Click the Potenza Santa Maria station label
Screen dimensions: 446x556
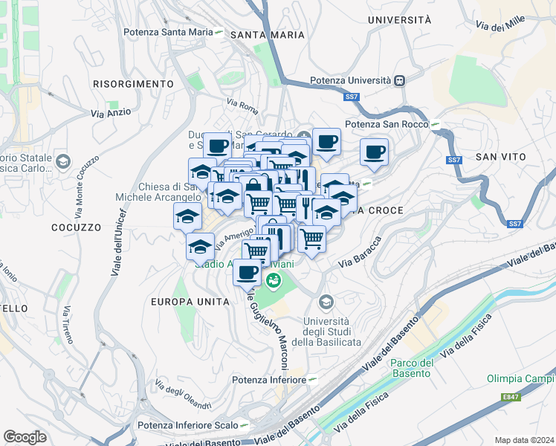pos(168,32)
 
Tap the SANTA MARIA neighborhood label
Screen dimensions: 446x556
pos(268,35)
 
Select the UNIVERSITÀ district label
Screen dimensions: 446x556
pos(398,20)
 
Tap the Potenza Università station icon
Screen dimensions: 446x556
pos(400,80)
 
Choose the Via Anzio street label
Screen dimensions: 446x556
pos(111,113)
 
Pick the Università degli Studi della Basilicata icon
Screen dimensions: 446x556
pos(325,302)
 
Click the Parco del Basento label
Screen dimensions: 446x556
pos(411,368)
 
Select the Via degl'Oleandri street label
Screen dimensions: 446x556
pos(183,395)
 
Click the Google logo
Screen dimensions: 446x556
pos(25,437)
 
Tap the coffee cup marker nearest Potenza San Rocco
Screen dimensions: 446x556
pos(375,152)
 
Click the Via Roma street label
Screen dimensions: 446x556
pos(242,105)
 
